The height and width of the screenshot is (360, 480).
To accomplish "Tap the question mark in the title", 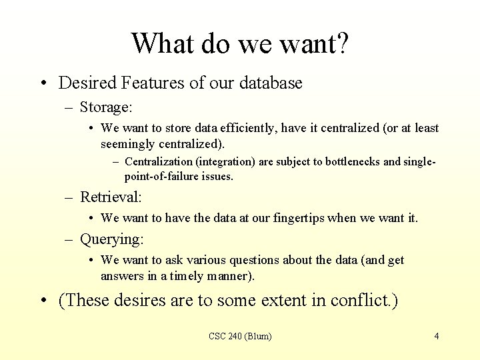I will click(341, 44).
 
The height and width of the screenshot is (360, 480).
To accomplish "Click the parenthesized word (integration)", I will click(238, 161).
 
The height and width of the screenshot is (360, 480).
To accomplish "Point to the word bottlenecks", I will click(348, 161).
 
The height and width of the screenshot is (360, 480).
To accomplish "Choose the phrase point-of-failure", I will click(163, 176).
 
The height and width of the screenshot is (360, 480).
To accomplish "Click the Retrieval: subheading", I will click(111, 197).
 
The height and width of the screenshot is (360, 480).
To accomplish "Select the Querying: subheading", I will click(112, 239).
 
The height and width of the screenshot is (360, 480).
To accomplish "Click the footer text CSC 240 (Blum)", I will click(240, 336).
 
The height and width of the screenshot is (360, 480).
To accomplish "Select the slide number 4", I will click(437, 336).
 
